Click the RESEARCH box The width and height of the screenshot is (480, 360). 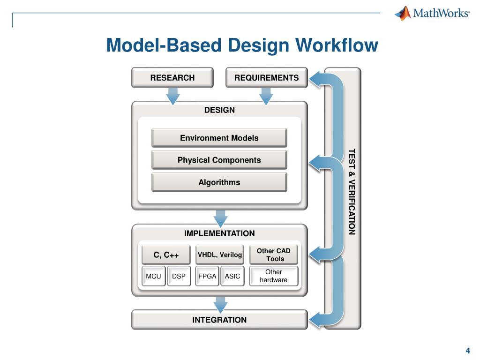[x=172, y=78]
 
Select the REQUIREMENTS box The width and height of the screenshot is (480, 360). [x=266, y=78]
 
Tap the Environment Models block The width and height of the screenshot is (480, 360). [x=219, y=138]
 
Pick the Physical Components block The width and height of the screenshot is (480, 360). [x=219, y=160]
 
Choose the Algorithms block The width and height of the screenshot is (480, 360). [x=219, y=182]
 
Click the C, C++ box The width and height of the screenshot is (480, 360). [x=166, y=255]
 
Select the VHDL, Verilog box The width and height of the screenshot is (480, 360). [x=219, y=255]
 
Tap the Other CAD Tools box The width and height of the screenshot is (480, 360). [x=273, y=255]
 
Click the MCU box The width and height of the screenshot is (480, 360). [x=153, y=276]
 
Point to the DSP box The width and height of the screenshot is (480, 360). [x=179, y=276]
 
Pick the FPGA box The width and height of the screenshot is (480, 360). [x=207, y=276]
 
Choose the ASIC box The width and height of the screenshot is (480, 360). [x=232, y=276]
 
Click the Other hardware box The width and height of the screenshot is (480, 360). [x=273, y=276]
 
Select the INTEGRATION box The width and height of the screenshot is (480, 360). [x=219, y=320]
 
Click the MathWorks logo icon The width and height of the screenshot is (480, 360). [x=403, y=13]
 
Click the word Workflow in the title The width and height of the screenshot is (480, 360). [x=337, y=45]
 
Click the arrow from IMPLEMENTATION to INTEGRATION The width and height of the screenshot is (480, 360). [x=220, y=304]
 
